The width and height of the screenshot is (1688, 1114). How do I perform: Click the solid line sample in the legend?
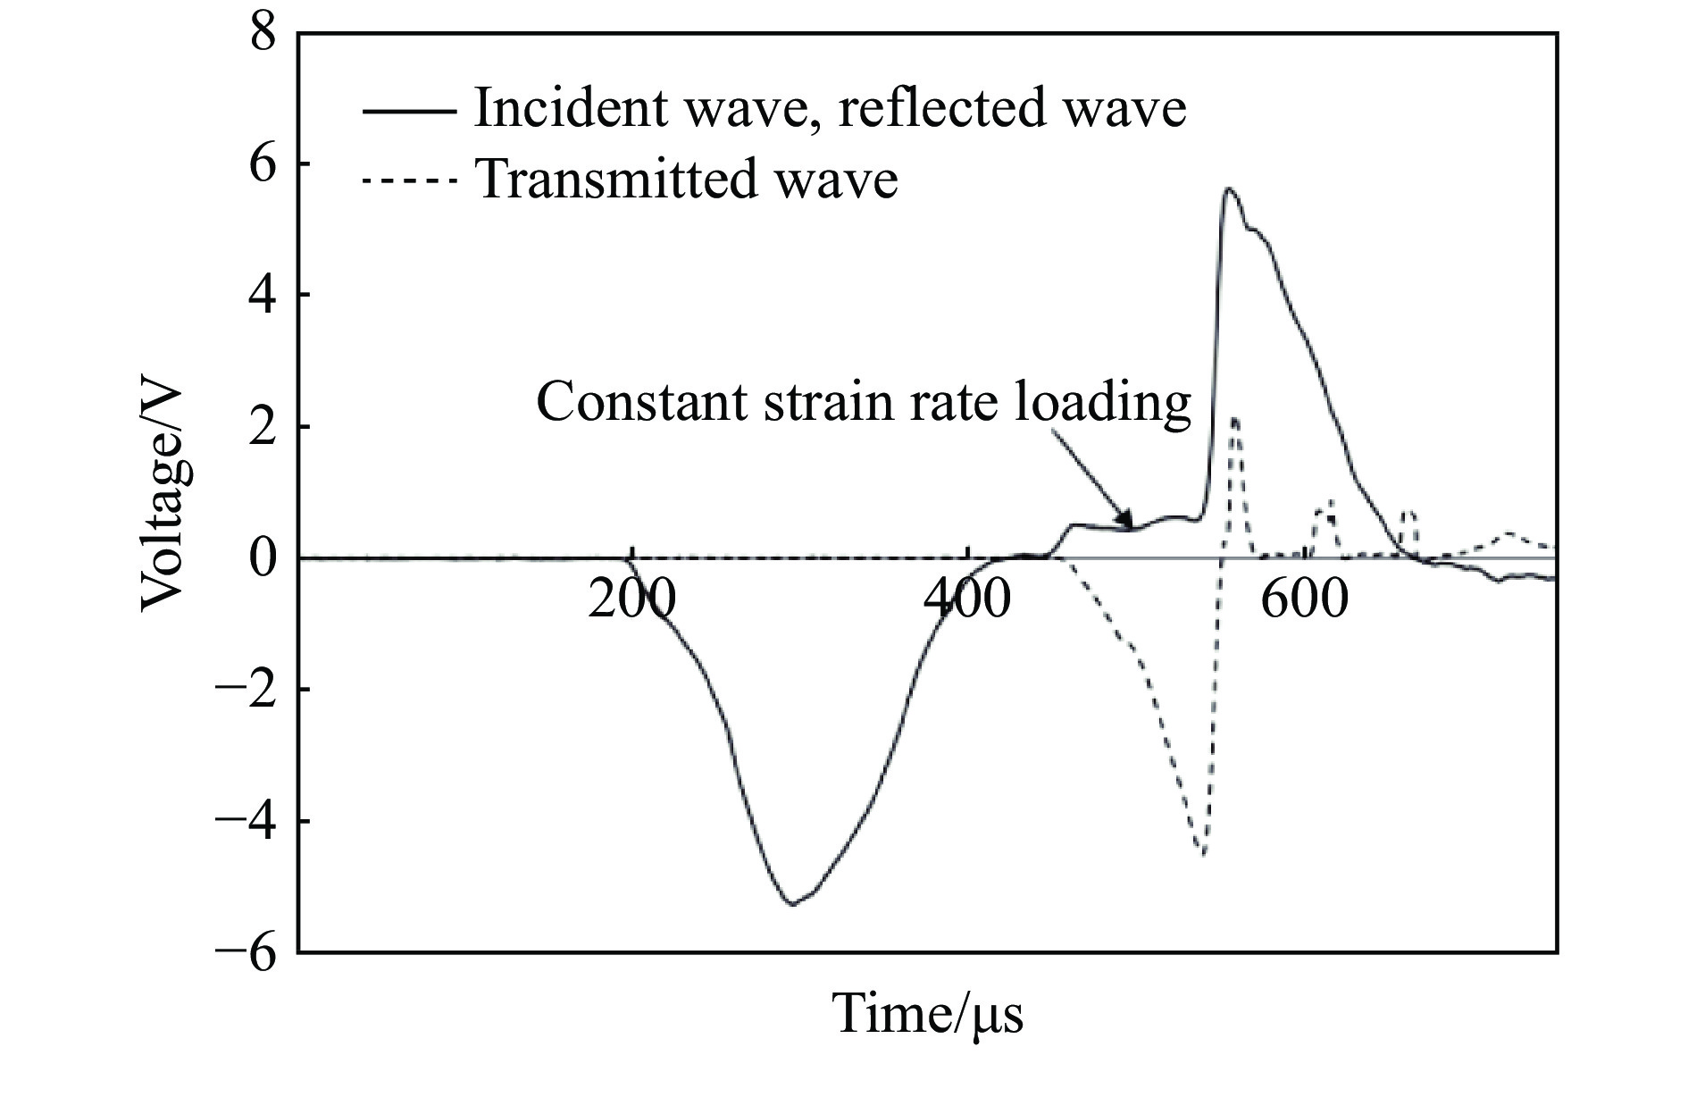coord(408,111)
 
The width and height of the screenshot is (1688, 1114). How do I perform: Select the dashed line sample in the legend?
coord(408,181)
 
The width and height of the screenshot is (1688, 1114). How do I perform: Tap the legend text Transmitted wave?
coord(688,180)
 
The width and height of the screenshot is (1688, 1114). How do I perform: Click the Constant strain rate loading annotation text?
coord(863,403)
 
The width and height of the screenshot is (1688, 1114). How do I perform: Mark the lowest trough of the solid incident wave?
coord(792,904)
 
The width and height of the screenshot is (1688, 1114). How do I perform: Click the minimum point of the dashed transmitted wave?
coord(1204,855)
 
